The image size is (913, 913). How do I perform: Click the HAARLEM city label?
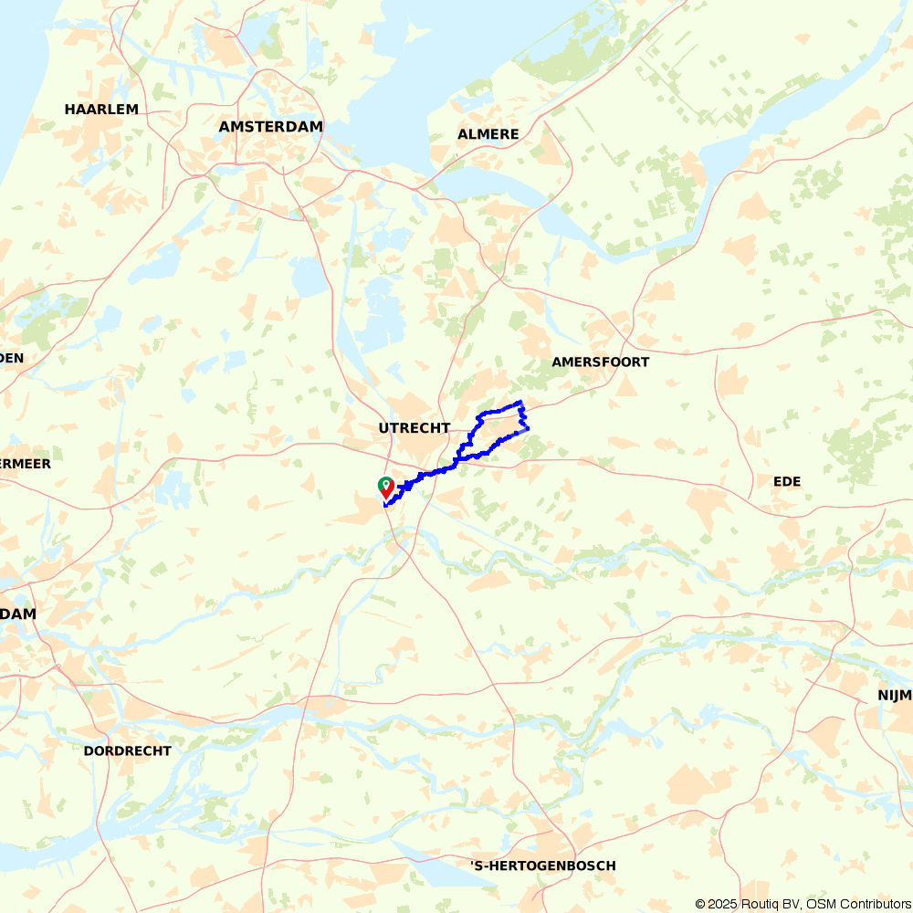tap(101, 110)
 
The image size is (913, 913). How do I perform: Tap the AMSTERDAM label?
tap(271, 127)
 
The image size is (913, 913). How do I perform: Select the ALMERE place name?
tap(488, 134)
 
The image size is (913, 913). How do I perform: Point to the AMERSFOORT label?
tap(600, 362)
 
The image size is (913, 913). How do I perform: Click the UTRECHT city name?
tap(415, 427)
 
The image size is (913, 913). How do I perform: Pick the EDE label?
tap(786, 481)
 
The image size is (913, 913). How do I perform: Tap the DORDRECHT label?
tap(127, 750)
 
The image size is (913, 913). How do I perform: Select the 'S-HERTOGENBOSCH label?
tap(542, 866)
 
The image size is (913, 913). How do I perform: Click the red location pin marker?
tap(386, 487)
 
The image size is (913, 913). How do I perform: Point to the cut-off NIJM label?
tap(895, 696)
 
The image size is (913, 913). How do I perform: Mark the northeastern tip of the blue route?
tap(520, 402)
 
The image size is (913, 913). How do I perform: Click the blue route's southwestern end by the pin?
tap(386, 504)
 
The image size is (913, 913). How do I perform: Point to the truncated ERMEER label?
tap(26, 464)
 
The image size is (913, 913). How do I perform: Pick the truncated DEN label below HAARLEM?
tap(12, 358)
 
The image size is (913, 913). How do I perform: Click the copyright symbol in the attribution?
tap(700, 904)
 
